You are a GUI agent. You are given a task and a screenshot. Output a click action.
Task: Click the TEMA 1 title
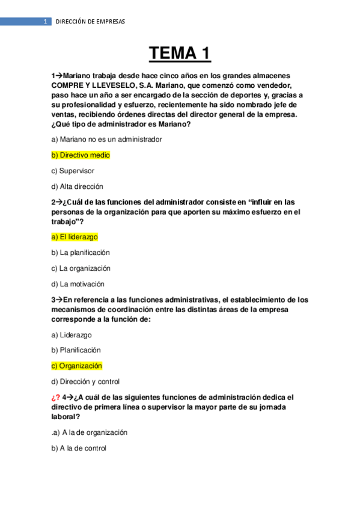[180, 54]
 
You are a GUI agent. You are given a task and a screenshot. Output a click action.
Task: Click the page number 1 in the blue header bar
[44, 22]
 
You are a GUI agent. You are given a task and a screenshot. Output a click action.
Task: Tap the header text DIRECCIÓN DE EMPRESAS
[90, 22]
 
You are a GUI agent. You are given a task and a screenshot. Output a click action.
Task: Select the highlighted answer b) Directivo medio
[81, 155]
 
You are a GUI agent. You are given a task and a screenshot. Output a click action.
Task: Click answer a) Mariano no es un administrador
[106, 139]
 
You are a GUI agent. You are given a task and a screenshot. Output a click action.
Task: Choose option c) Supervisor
[73, 171]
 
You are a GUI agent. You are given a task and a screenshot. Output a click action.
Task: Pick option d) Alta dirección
[77, 186]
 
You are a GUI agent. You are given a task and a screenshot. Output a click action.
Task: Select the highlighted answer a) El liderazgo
[75, 237]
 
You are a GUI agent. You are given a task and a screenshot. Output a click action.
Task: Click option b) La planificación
[80, 253]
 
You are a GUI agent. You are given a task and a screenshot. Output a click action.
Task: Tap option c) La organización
[81, 268]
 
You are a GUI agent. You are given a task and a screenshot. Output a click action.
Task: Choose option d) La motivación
[78, 284]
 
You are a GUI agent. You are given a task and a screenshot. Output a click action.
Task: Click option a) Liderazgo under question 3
[72, 335]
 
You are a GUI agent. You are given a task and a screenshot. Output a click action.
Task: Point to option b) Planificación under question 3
[76, 350]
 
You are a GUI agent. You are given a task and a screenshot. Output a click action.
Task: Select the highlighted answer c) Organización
[77, 366]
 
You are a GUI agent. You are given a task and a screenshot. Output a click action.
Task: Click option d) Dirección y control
[85, 381]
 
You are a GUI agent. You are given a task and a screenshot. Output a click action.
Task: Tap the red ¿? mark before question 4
[56, 397]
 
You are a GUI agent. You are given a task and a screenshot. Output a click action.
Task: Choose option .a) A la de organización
[89, 432]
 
